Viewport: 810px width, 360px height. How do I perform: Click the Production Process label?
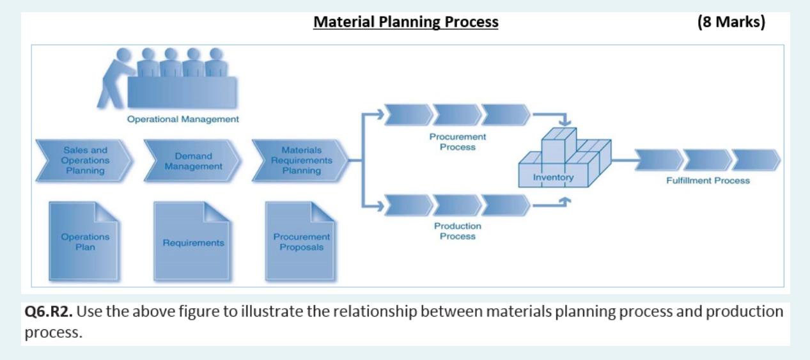458,231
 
